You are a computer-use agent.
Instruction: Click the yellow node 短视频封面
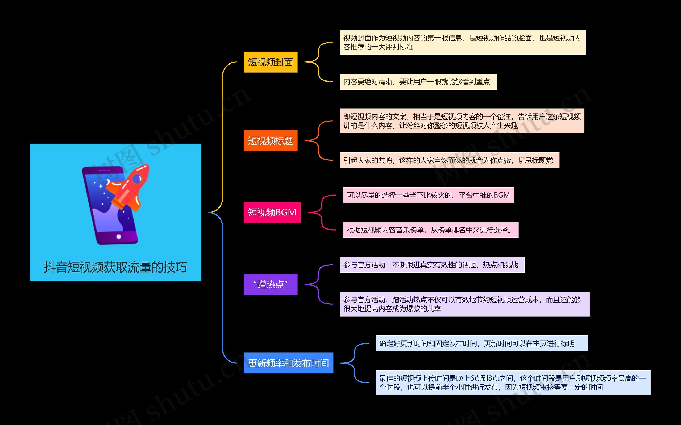pyautogui.click(x=270, y=62)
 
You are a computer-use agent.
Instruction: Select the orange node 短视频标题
pyautogui.click(x=270, y=141)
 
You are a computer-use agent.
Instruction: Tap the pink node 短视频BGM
pyautogui.click(x=272, y=212)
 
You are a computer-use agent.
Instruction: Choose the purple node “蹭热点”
pyautogui.click(x=270, y=284)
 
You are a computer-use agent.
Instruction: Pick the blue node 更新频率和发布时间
pyautogui.click(x=288, y=363)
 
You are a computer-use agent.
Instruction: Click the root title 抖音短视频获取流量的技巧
pyautogui.click(x=115, y=267)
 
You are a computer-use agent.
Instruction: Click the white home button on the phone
pyautogui.click(x=119, y=237)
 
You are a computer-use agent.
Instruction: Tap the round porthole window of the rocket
pyautogui.click(x=137, y=178)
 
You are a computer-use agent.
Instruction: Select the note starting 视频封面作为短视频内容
pyautogui.click(x=463, y=42)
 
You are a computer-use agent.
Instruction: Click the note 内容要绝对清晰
pyautogui.click(x=418, y=82)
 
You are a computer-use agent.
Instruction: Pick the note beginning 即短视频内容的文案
pyautogui.click(x=462, y=121)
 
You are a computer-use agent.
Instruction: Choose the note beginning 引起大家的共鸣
pyautogui.click(x=449, y=160)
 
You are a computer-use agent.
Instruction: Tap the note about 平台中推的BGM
pyautogui.click(x=428, y=195)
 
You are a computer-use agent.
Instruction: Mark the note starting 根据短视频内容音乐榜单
pyautogui.click(x=431, y=230)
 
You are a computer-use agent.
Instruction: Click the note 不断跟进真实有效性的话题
pyautogui.click(x=432, y=265)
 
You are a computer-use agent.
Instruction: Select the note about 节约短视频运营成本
pyautogui.click(x=465, y=304)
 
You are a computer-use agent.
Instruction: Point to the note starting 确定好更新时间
pyautogui.click(x=481, y=343)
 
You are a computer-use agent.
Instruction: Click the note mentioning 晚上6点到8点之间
pyautogui.click(x=513, y=383)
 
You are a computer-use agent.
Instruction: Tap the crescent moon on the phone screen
pyautogui.click(x=108, y=182)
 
